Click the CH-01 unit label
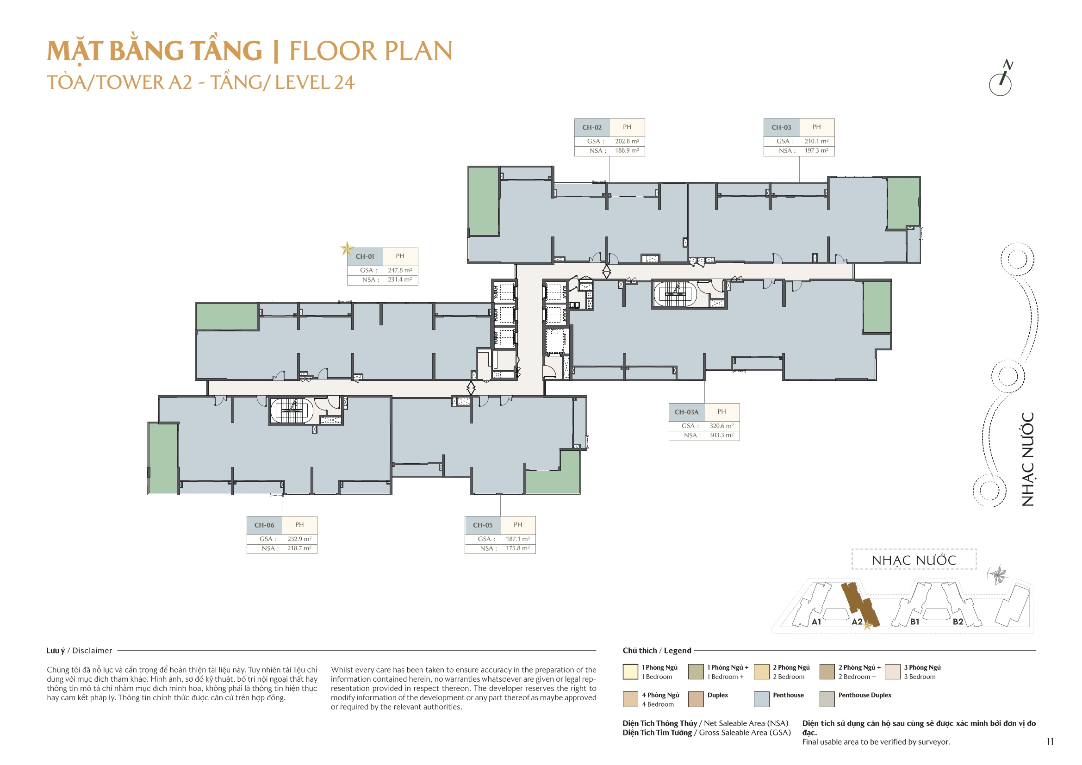point(365,256)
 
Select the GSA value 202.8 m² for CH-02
point(627,141)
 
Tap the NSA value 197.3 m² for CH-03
point(816,150)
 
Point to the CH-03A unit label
point(686,412)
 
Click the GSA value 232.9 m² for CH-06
point(299,539)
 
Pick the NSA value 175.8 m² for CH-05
point(517,548)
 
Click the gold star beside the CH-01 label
point(347,249)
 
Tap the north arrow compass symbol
point(1001,80)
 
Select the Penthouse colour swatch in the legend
point(762,699)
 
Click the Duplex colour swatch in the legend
point(696,699)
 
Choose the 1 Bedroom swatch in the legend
point(630,672)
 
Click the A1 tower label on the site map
point(816,622)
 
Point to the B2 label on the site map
point(958,622)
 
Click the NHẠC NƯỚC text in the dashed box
point(913,560)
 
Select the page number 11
point(1050,741)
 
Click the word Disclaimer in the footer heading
point(92,651)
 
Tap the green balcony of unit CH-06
point(163,458)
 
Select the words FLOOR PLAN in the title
point(370,51)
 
